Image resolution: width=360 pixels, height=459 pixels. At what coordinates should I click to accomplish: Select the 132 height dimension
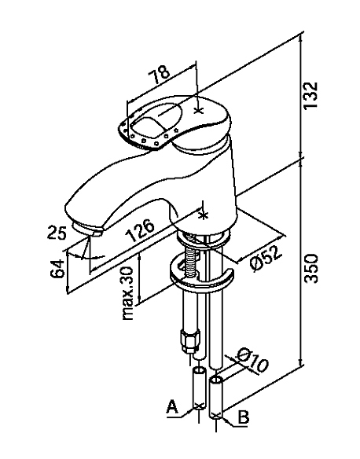[310, 95]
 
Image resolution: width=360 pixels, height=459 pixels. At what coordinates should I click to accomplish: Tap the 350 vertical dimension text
[310, 268]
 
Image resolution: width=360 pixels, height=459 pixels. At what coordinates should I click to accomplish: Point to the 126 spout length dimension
[140, 230]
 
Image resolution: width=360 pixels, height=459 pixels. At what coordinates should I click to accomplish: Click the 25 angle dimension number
[57, 232]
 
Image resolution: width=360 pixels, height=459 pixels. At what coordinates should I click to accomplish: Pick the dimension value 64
[57, 268]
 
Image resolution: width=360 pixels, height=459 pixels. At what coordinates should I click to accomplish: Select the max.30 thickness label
[128, 293]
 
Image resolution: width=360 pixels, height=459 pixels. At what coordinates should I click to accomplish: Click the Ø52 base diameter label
[266, 258]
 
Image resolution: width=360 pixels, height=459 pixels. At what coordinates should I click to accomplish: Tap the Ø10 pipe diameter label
[252, 361]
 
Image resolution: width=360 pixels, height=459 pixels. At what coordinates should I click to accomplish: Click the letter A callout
[172, 407]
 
